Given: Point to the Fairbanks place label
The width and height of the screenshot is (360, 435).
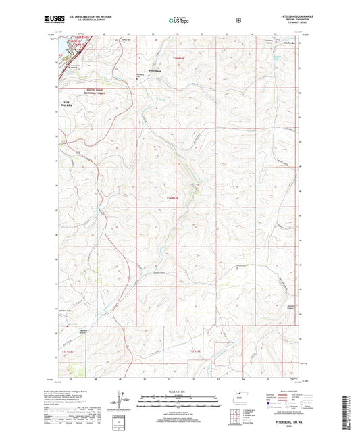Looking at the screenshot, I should (x=288, y=44).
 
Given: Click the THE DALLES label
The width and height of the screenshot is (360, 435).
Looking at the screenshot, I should (x=70, y=102).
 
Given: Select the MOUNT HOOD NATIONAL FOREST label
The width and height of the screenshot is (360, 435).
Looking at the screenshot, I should (x=78, y=91).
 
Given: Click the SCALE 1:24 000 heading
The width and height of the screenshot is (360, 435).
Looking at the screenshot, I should (x=179, y=393).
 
